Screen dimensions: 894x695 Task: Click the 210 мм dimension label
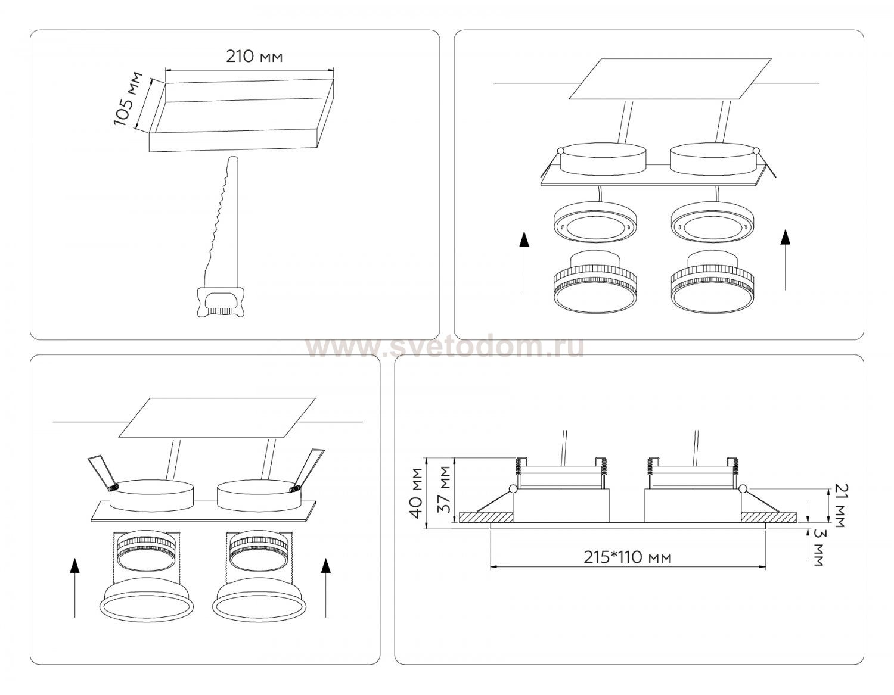[254, 57]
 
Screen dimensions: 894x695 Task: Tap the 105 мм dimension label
[128, 99]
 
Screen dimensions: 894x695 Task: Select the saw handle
[221, 302]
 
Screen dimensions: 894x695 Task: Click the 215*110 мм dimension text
[628, 557]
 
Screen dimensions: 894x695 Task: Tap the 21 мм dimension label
[837, 505]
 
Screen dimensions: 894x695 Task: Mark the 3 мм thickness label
[819, 547]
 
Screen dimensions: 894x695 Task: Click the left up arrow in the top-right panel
[524, 262]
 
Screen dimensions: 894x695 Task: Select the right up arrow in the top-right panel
[786, 260]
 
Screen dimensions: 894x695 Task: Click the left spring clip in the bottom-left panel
[103, 473]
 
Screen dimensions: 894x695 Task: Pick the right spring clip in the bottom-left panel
[307, 470]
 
